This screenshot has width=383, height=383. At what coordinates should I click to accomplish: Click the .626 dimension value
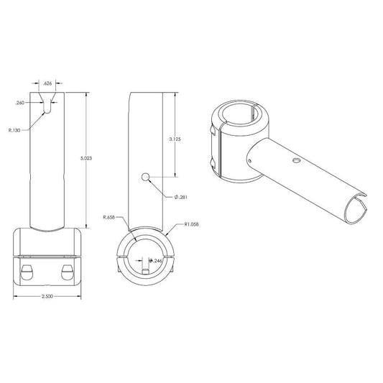[x=47, y=83]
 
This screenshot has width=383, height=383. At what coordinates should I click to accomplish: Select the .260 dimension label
[x=20, y=103]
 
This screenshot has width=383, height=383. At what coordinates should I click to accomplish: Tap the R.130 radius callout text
[x=14, y=131]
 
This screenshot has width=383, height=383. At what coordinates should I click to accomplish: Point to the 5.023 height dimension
[x=86, y=158]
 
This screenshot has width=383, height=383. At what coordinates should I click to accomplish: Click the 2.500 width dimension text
[x=47, y=297]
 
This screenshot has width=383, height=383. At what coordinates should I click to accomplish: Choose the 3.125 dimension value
[x=175, y=139]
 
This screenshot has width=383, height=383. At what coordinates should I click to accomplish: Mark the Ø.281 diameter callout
[x=181, y=197]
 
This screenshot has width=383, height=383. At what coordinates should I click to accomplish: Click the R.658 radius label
[x=109, y=218]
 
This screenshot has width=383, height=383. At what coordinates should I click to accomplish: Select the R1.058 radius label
[x=191, y=224]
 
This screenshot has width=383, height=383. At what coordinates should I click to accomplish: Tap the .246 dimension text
[x=157, y=261]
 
